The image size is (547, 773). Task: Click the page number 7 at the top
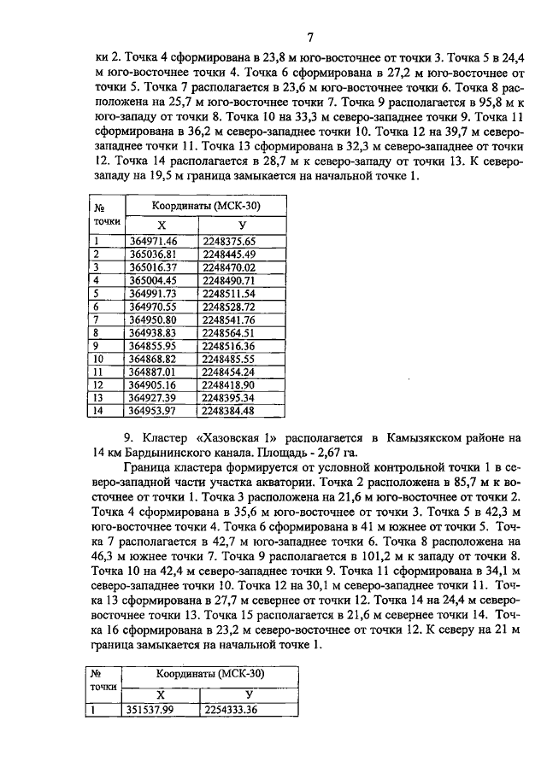click(x=311, y=37)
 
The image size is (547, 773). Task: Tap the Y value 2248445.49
click(x=229, y=255)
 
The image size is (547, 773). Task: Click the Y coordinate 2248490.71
click(x=229, y=280)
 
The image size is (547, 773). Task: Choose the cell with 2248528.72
click(x=229, y=306)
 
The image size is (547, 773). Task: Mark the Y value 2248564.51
click(x=229, y=332)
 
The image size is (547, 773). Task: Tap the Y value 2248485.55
click(x=229, y=359)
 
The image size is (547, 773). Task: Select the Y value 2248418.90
click(x=229, y=384)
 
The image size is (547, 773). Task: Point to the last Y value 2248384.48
click(x=229, y=411)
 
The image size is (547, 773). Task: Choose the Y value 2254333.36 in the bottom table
click(x=229, y=708)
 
